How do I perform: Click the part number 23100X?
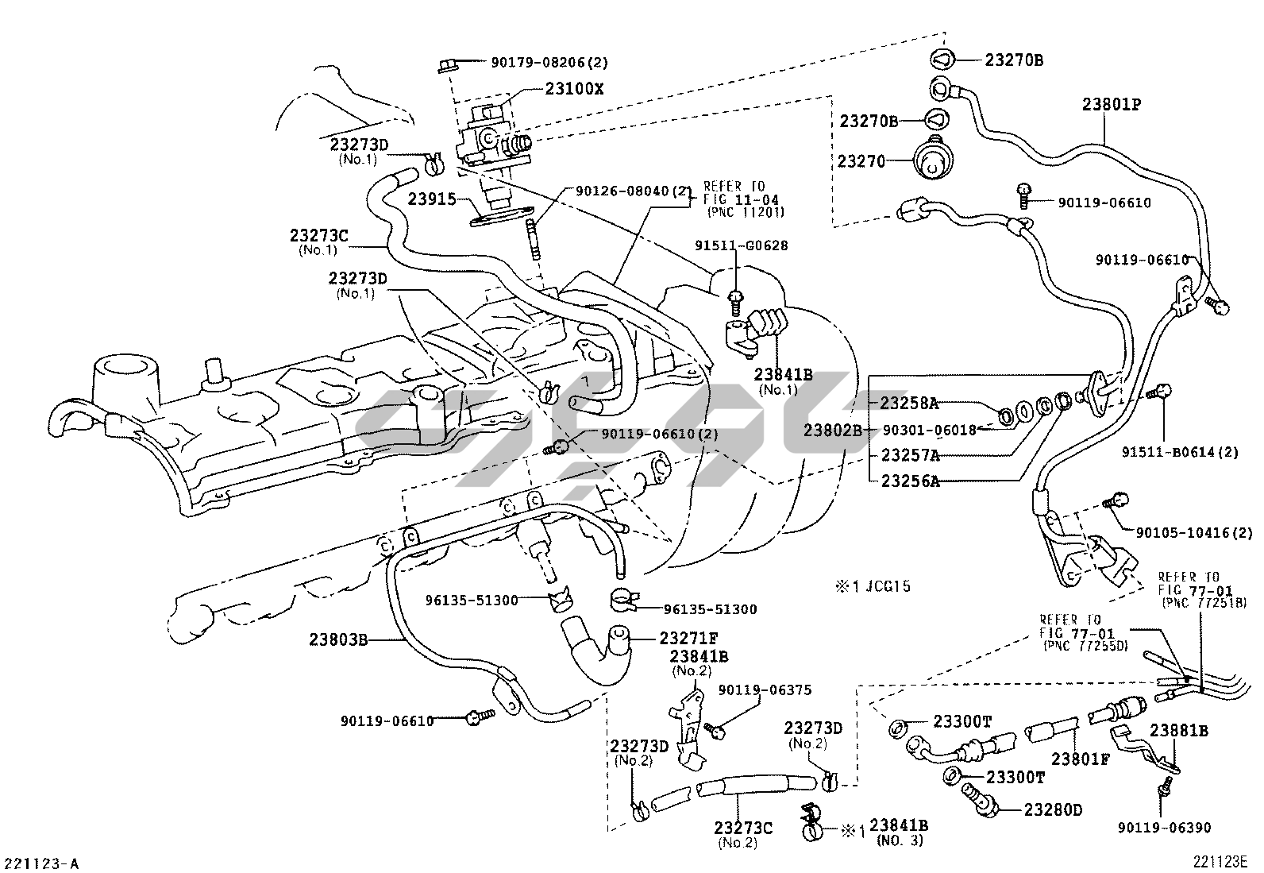[574, 89]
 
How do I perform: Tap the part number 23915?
[432, 199]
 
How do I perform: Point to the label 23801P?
[1112, 104]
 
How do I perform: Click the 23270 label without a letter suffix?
[861, 161]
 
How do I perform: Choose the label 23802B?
[831, 430]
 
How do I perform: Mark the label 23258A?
[909, 404]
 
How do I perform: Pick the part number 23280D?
[1053, 810]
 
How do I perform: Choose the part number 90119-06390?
[1165, 828]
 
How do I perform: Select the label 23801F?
[1080, 759]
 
